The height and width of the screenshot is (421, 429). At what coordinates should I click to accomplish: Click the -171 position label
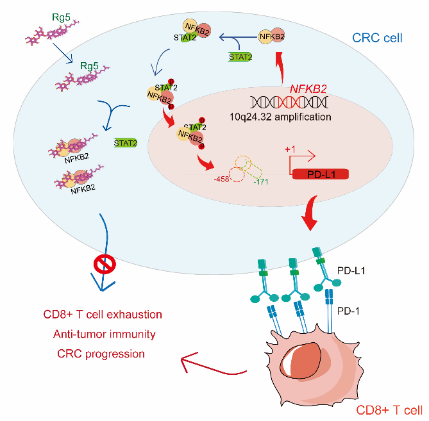[261, 183]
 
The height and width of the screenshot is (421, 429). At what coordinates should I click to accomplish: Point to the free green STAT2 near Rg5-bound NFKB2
[125, 143]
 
